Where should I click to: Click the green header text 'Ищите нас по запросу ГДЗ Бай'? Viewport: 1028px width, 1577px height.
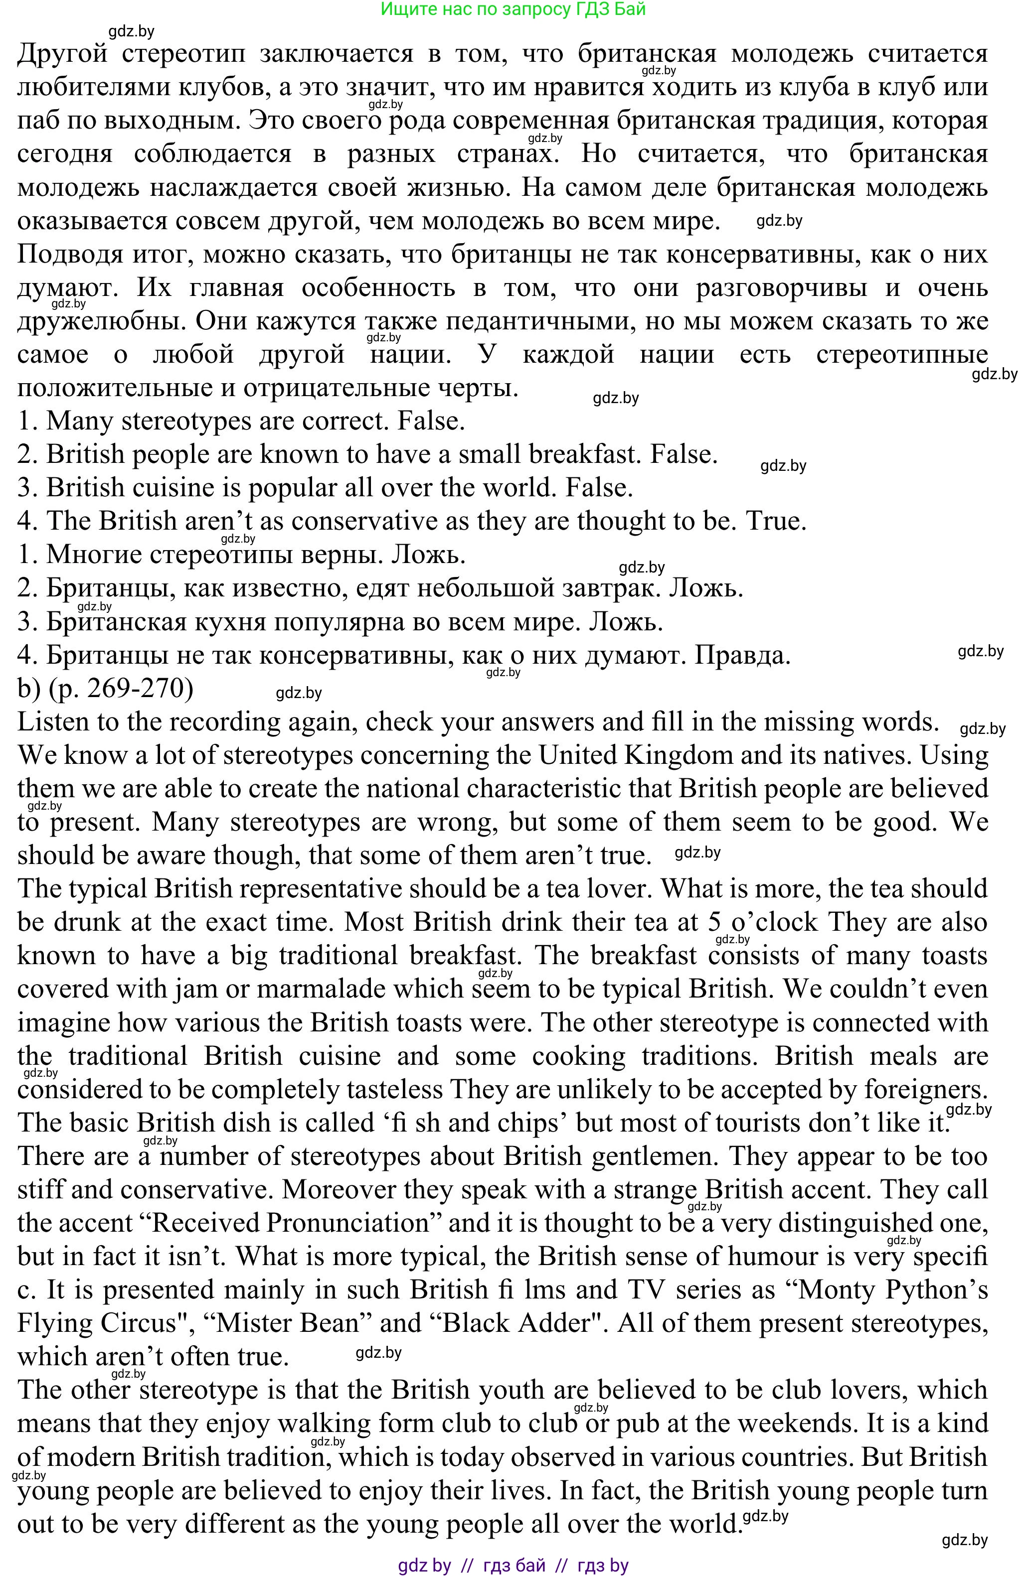[x=513, y=9]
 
